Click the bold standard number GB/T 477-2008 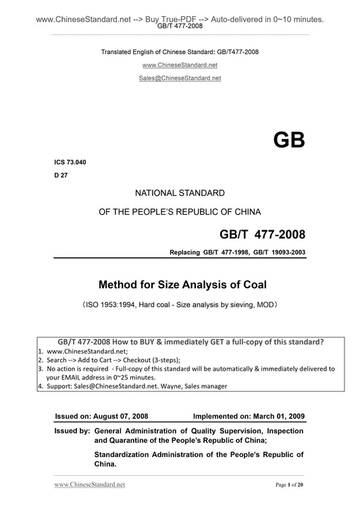tap(262, 235)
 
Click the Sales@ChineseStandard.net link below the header tap(179, 78)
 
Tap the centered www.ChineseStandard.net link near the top tap(179, 65)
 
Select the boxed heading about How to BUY tap(182, 342)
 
